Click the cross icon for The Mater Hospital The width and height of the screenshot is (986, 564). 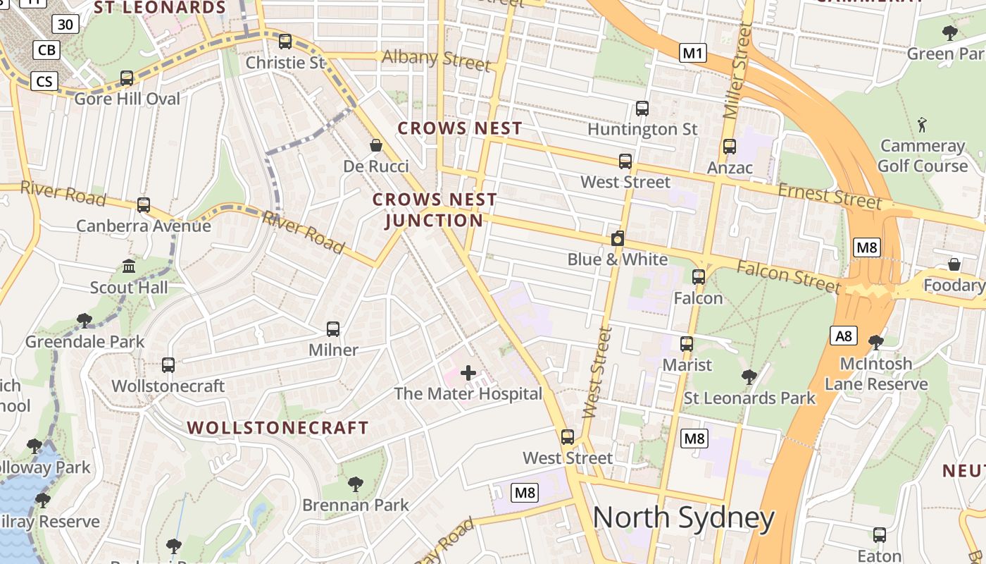point(468,373)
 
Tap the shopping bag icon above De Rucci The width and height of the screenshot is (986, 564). point(376,145)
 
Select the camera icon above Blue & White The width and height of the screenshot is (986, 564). point(618,238)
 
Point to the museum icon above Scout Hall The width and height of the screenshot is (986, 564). point(129,266)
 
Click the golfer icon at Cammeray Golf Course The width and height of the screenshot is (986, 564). point(923,125)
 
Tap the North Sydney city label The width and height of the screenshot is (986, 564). point(683,518)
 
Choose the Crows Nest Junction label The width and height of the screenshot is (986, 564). point(435,210)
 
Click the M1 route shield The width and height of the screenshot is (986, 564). point(693,53)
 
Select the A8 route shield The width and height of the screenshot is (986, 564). point(844,336)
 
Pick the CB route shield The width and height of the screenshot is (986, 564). point(47,50)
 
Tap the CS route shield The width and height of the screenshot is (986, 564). point(44,81)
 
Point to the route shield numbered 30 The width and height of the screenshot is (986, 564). point(65,25)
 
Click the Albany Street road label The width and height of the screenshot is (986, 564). point(436,59)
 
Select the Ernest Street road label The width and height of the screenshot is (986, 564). point(830,195)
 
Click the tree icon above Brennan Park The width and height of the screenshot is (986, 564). point(356,484)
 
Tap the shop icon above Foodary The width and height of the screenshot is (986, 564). point(954,264)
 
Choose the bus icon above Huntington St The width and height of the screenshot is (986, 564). point(642,109)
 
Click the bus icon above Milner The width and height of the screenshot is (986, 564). point(333,329)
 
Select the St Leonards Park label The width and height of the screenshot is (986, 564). point(749,398)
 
